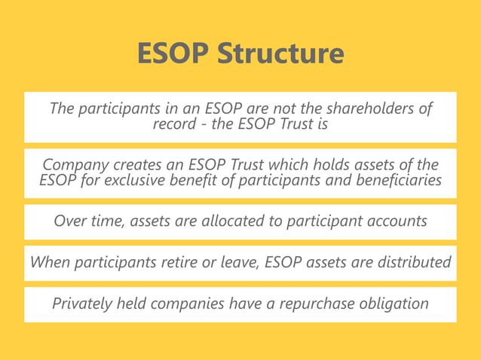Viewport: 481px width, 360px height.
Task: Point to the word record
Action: click(174, 124)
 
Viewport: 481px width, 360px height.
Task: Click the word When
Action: click(49, 262)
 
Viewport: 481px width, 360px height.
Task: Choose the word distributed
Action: click(413, 262)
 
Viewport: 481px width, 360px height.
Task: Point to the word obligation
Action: click(393, 304)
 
